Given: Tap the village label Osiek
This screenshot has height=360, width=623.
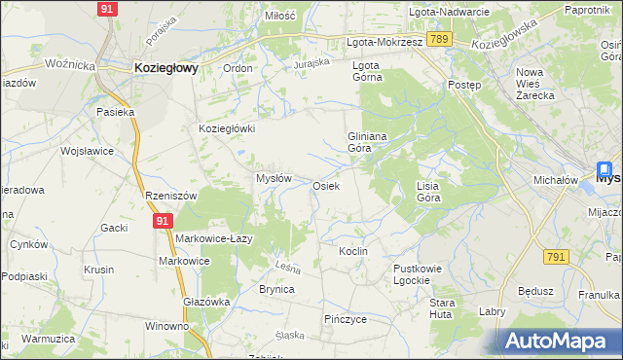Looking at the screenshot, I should click(325, 186).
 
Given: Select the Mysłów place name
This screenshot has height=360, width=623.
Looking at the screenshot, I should click(274, 179).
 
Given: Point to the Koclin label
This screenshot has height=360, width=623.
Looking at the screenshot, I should click(352, 251).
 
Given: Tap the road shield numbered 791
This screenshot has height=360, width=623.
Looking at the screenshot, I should click(556, 256).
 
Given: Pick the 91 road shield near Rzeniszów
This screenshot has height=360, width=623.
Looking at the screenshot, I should click(163, 222).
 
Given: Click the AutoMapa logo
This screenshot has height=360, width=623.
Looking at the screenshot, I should click(560, 341).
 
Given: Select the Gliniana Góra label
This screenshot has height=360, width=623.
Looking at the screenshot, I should click(368, 143).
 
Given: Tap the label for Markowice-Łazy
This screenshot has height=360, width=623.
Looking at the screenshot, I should click(214, 239).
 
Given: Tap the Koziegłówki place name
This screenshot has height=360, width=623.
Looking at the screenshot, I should click(227, 128).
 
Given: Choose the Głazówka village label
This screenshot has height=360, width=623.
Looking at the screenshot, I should click(206, 302).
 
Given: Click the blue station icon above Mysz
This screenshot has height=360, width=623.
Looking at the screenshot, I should click(605, 167).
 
